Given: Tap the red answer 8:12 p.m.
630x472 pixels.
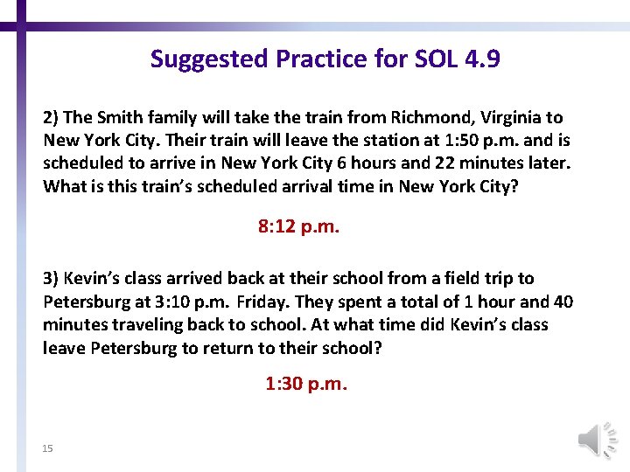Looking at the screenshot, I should pyautogui.click(x=299, y=227).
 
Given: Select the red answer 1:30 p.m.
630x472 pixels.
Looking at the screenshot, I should pyautogui.click(x=306, y=384).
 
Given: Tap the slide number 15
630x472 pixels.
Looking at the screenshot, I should pyautogui.click(x=48, y=448).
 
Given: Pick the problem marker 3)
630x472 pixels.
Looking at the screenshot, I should pyautogui.click(x=52, y=279).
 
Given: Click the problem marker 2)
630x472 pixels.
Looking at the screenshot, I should pyautogui.click(x=52, y=117).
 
